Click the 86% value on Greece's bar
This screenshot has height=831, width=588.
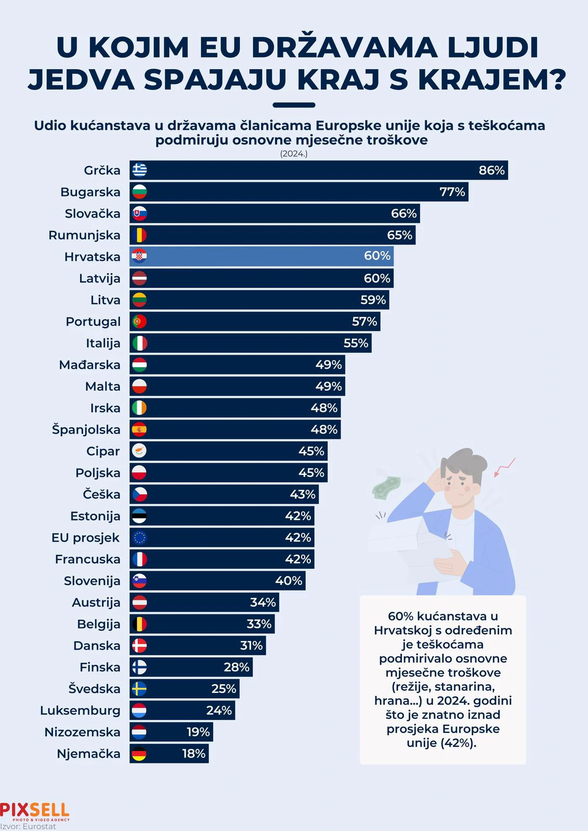[491, 170]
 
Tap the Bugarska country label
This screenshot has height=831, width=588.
[90, 192]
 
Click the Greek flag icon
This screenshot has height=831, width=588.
[139, 170]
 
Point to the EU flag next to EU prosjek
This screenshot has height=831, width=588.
[139, 538]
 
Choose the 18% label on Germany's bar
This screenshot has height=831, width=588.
[193, 754]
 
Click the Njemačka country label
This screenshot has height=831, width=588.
[88, 754]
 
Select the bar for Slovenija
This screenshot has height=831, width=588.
[218, 581]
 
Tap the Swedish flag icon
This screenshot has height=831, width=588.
[139, 689]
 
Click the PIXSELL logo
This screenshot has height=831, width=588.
[35, 810]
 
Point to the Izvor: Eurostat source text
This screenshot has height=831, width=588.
[28, 826]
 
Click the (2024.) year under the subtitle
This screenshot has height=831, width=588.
[294, 154]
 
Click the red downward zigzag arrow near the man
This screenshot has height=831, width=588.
[504, 467]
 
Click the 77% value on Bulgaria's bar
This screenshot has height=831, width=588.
[452, 192]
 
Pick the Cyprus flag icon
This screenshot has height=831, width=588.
[139, 451]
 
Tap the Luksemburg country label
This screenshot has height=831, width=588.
[80, 711]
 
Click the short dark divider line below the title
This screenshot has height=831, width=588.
[294, 105]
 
